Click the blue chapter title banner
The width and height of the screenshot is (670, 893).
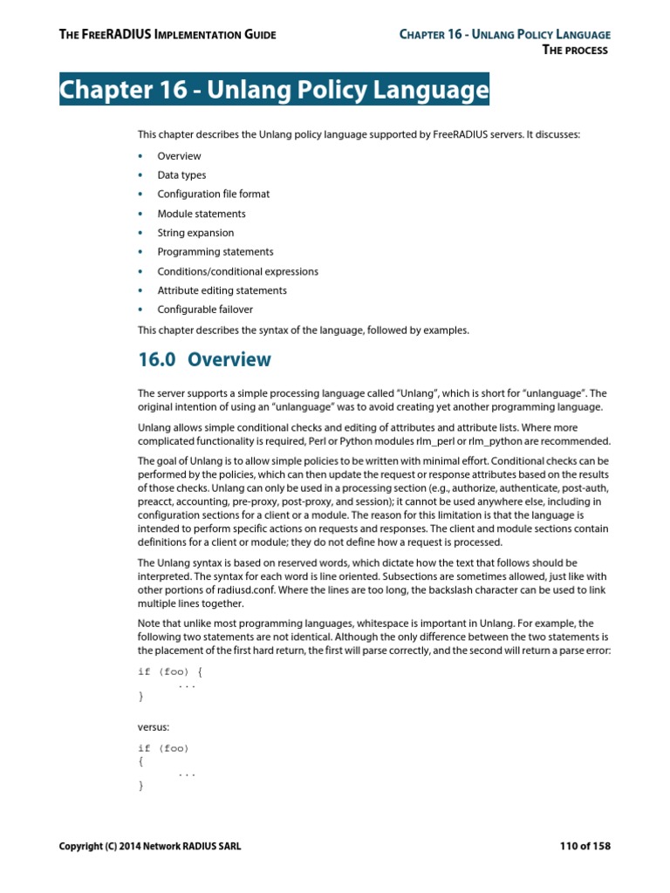coord(274,90)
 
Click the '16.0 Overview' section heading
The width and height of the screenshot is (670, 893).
coord(204,359)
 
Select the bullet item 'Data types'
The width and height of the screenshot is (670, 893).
coord(181,175)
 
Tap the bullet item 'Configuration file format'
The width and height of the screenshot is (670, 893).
coord(213,194)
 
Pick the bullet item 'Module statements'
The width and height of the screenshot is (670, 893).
coord(201,214)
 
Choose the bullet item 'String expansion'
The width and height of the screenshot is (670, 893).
coord(195,233)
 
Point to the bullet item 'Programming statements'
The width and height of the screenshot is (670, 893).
coord(215,252)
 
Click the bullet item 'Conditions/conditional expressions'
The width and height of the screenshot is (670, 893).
coord(237,271)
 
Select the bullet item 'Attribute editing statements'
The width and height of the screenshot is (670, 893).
coord(222,290)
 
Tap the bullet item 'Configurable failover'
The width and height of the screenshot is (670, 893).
coord(205,310)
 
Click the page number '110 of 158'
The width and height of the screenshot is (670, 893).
coord(585,846)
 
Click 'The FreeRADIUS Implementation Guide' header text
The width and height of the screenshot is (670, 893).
coord(167,35)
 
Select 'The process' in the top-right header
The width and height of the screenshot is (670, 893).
coord(575,50)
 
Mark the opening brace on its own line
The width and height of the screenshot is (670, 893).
coord(140,760)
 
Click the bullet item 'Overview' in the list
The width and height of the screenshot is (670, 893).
coord(179,156)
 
